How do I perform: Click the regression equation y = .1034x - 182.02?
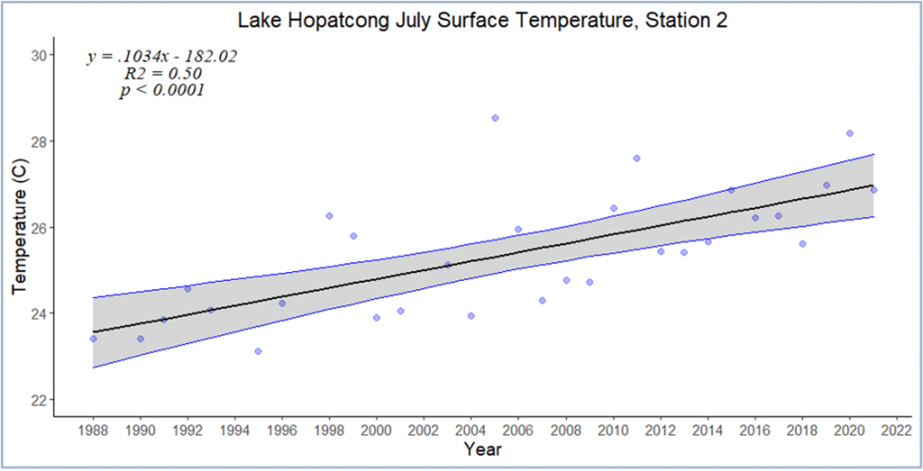pyautogui.click(x=162, y=57)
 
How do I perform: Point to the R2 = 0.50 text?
pyautogui.click(x=162, y=74)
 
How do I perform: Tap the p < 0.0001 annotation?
pyautogui.click(x=162, y=91)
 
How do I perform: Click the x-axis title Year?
pyautogui.click(x=482, y=448)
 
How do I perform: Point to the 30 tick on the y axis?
pyautogui.click(x=38, y=55)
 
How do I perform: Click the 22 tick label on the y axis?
pyautogui.click(x=38, y=399)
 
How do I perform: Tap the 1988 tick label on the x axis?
pyautogui.click(x=93, y=430)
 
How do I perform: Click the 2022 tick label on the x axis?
pyautogui.click(x=897, y=430)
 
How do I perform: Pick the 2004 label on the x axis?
pyautogui.click(x=471, y=430)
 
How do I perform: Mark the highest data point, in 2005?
pyautogui.click(x=495, y=118)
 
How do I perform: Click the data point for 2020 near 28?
pyautogui.click(x=849, y=133)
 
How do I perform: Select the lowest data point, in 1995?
pyautogui.click(x=258, y=351)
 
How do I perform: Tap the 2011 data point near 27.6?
pyautogui.click(x=636, y=158)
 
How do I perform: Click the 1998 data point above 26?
pyautogui.click(x=329, y=216)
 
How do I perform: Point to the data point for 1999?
pyautogui.click(x=353, y=236)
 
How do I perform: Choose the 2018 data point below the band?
pyautogui.click(x=802, y=244)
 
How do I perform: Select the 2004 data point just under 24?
pyautogui.click(x=471, y=315)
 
